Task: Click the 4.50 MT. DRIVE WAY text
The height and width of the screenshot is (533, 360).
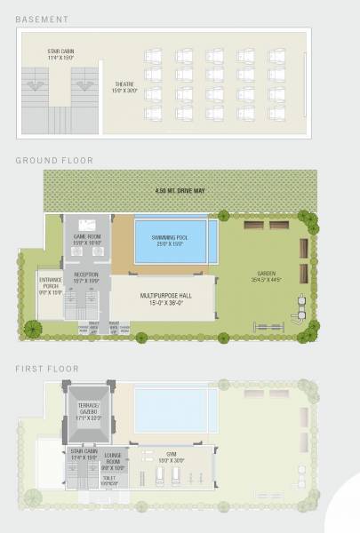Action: pos(174,191)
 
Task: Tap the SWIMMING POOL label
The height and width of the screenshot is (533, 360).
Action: pos(175,241)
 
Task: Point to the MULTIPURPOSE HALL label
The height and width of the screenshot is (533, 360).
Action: pos(162,298)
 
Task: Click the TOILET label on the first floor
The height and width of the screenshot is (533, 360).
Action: pos(108,481)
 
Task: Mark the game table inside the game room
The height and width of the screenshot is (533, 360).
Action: pos(86,225)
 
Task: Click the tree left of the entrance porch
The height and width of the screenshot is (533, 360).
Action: pos(32,328)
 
